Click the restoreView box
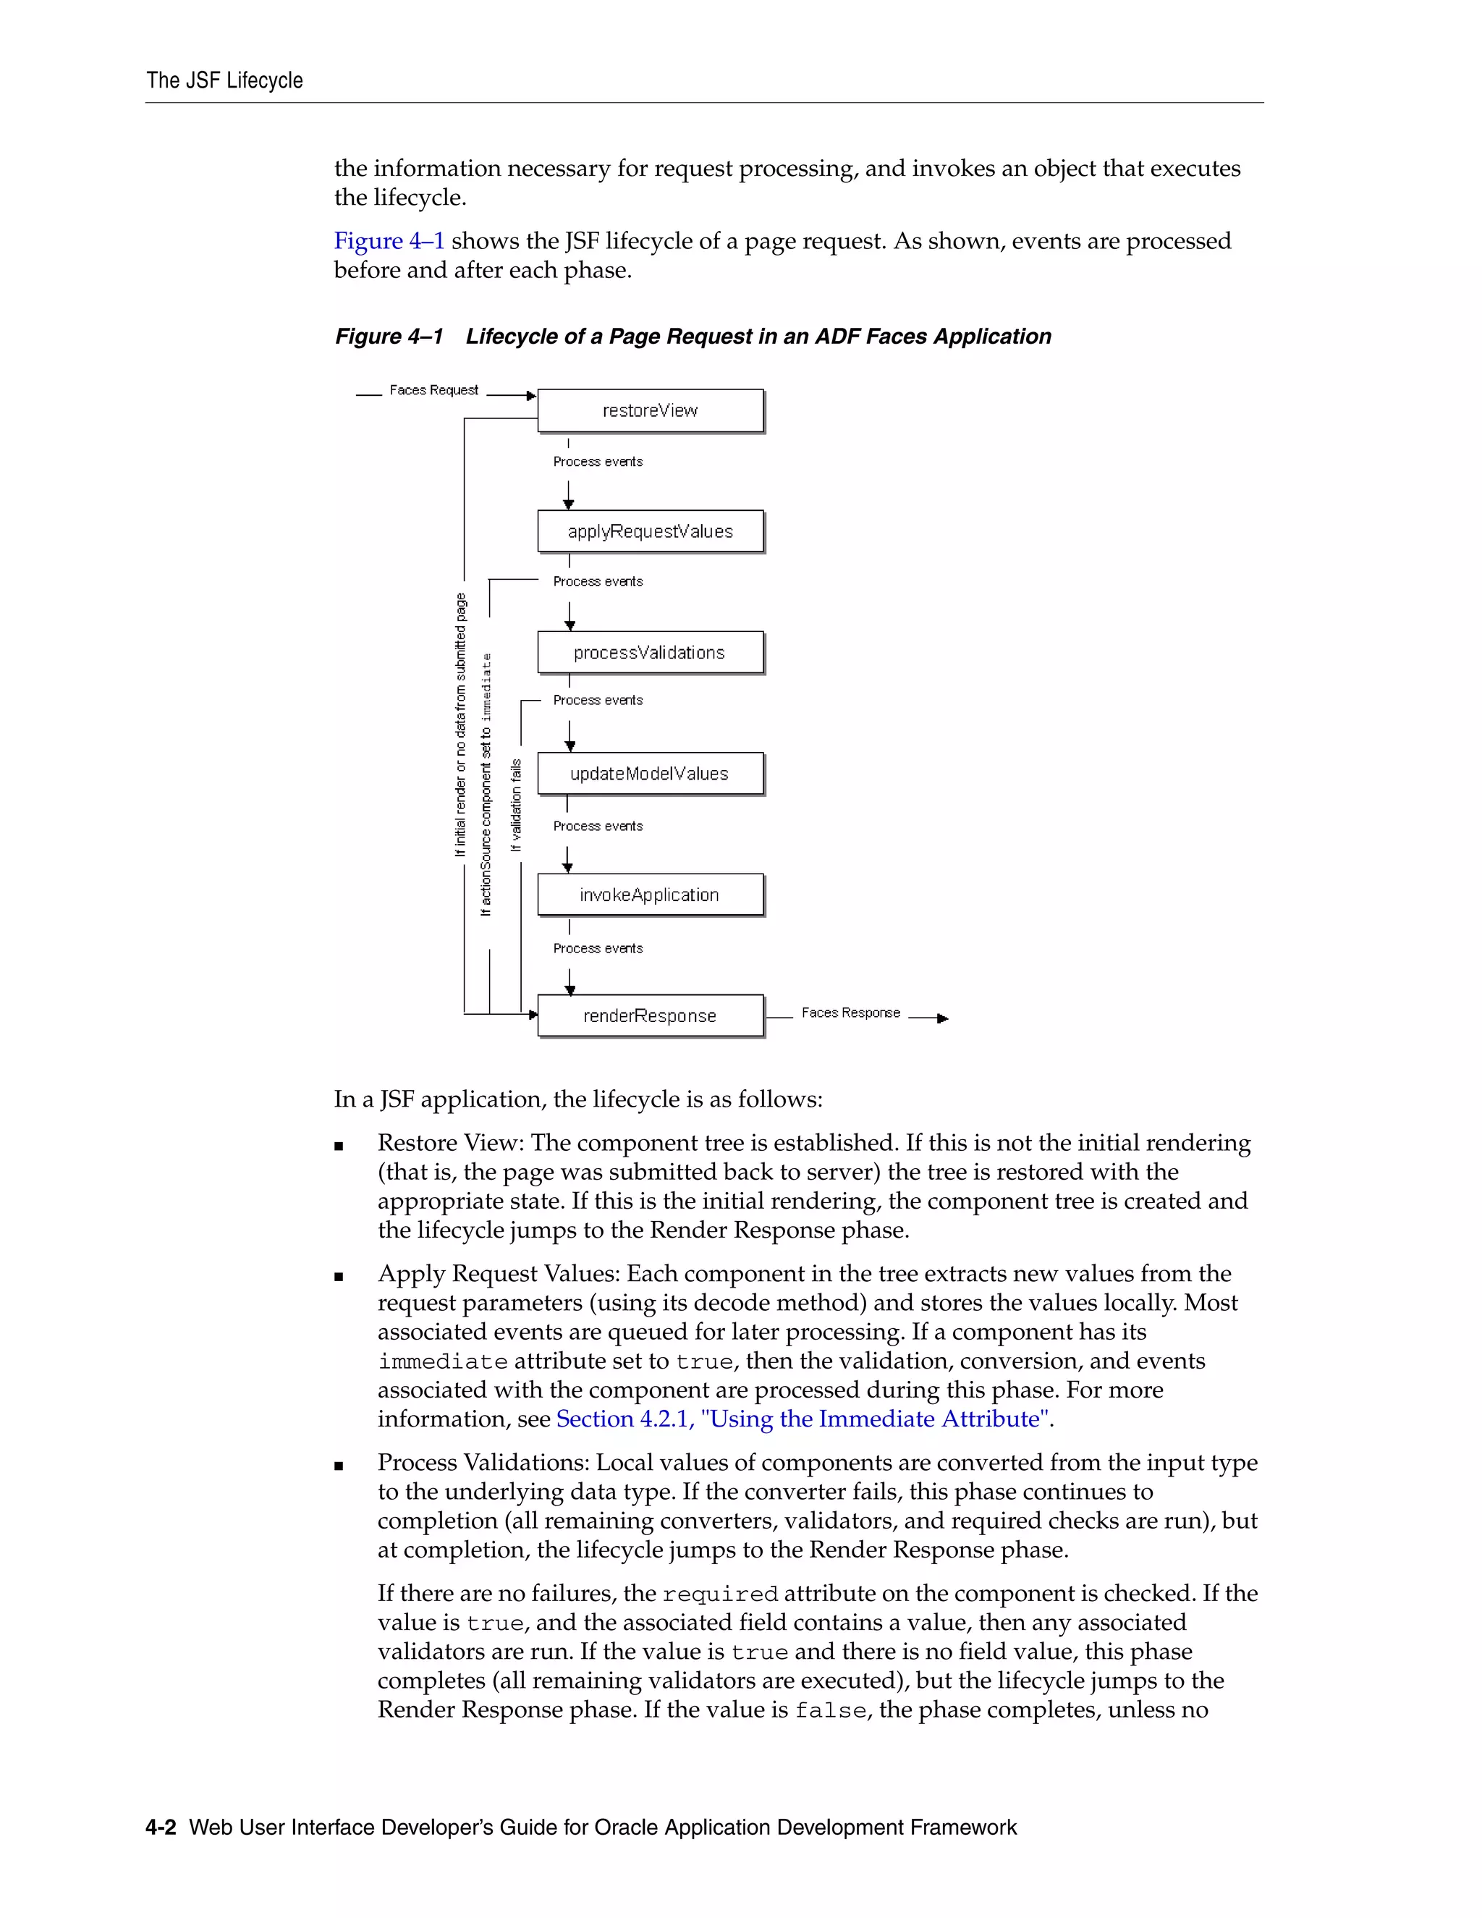(x=650, y=410)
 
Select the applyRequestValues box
(x=650, y=531)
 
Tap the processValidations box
(x=650, y=653)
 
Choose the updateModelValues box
(x=650, y=774)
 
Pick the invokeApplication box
(x=650, y=895)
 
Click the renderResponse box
(x=650, y=1016)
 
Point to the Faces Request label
(x=433, y=390)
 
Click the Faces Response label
(x=850, y=1013)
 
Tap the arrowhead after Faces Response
(x=943, y=1019)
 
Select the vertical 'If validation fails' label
(x=516, y=806)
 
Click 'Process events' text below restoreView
(x=598, y=462)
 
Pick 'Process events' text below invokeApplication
(x=598, y=948)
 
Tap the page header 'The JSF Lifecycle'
(x=225, y=81)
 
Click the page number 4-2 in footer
(x=161, y=1828)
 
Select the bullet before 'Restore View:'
(x=339, y=1146)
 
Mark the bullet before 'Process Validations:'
(x=339, y=1466)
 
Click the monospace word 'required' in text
(x=720, y=1594)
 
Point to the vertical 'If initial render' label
(x=460, y=724)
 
